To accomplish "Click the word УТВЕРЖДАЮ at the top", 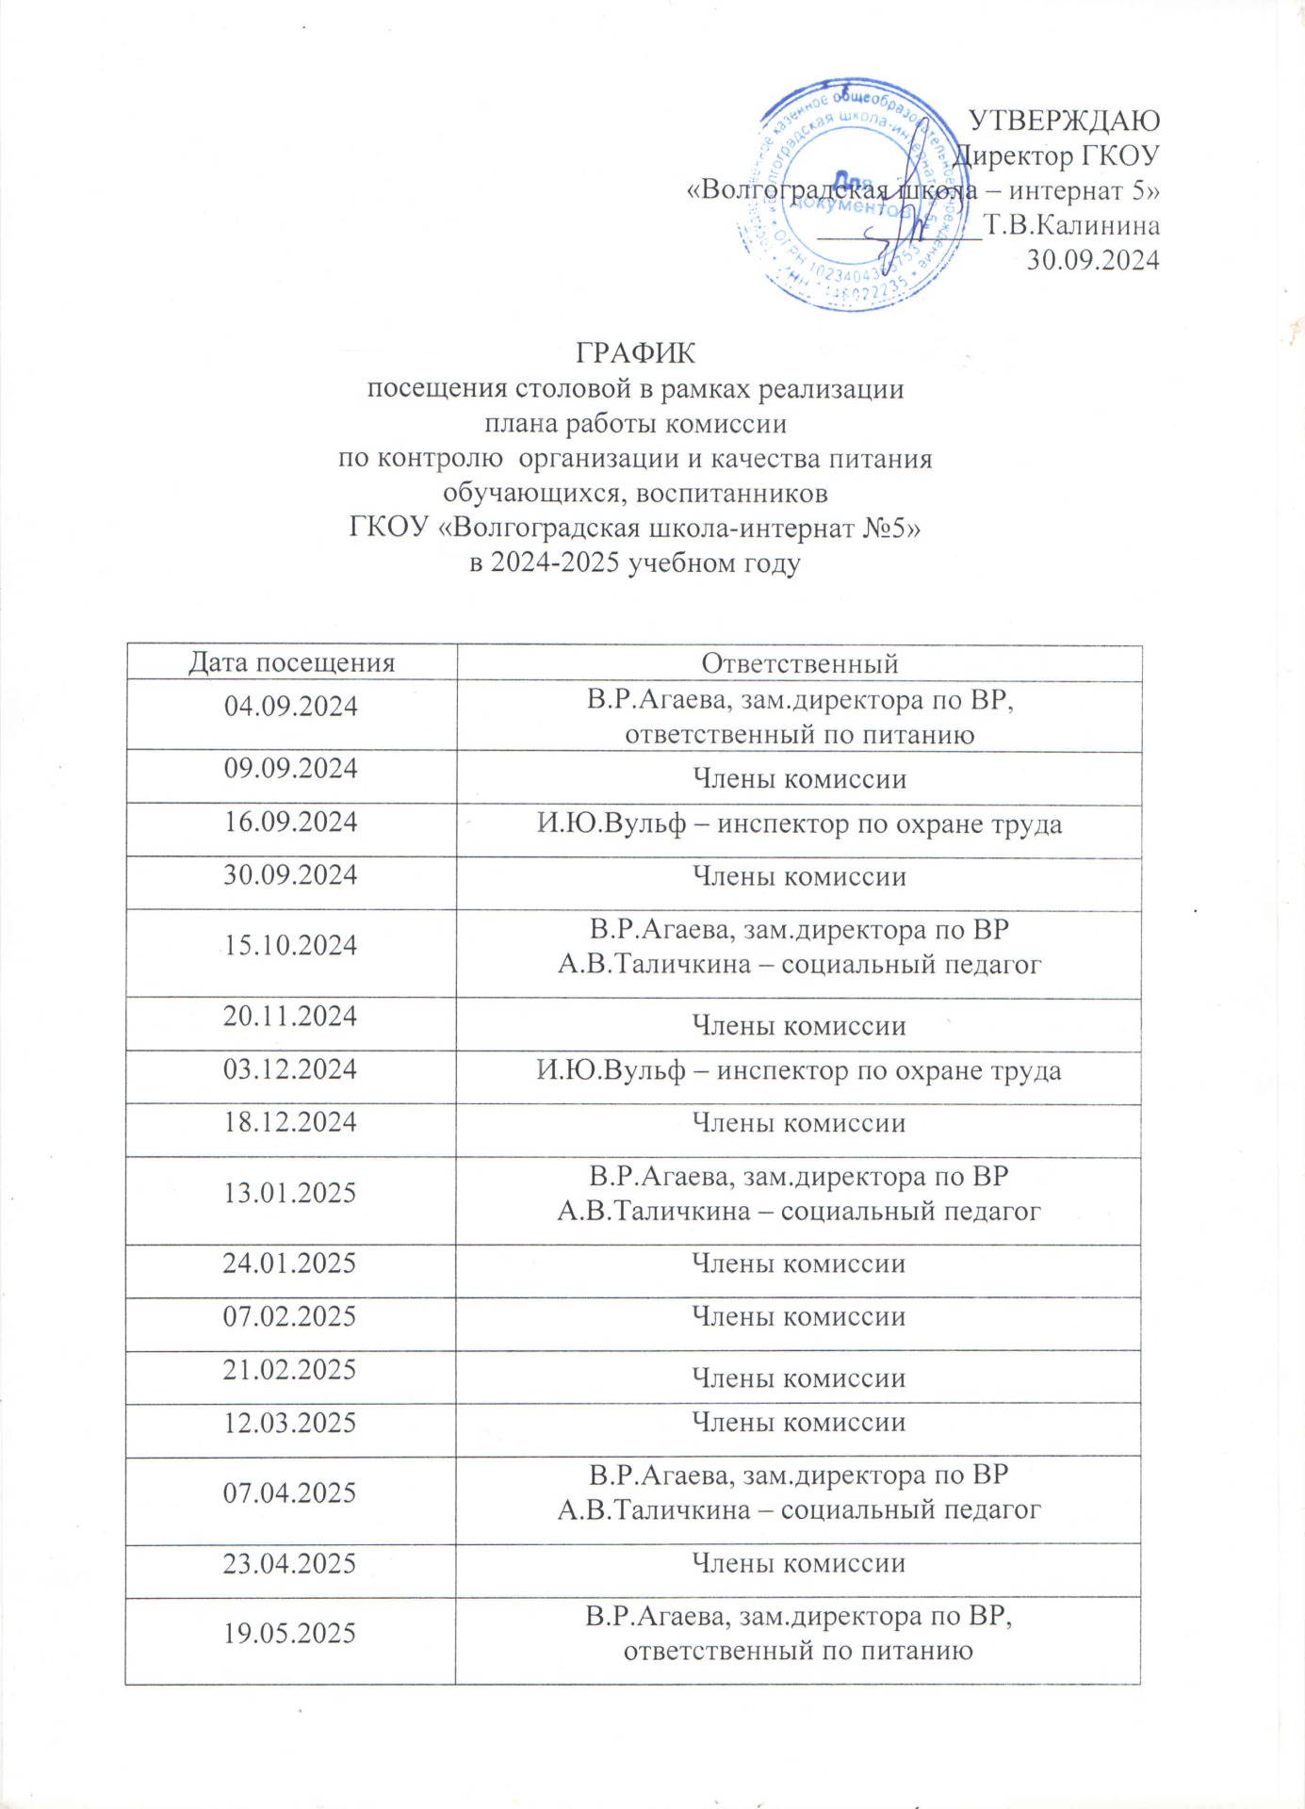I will (x=1065, y=121).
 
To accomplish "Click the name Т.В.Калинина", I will (x=1071, y=225).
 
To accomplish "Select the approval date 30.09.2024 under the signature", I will (x=1092, y=259).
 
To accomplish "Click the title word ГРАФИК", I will (x=635, y=353).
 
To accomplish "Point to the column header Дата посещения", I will (x=291, y=662).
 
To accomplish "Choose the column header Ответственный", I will (x=799, y=663).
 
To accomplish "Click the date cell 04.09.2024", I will (x=291, y=707).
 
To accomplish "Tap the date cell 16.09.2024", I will (x=291, y=823).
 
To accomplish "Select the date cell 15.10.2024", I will (x=291, y=945).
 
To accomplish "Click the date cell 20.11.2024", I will (x=290, y=1016).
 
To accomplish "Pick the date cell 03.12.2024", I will (x=290, y=1069).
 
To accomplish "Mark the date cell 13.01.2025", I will (x=290, y=1193).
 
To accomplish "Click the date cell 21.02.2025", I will (x=290, y=1369).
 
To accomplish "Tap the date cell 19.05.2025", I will (x=290, y=1633).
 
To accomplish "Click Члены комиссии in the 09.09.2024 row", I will (x=799, y=779).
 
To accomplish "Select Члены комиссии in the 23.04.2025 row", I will (x=799, y=1563).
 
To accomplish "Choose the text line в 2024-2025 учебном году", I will (x=635, y=563).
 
